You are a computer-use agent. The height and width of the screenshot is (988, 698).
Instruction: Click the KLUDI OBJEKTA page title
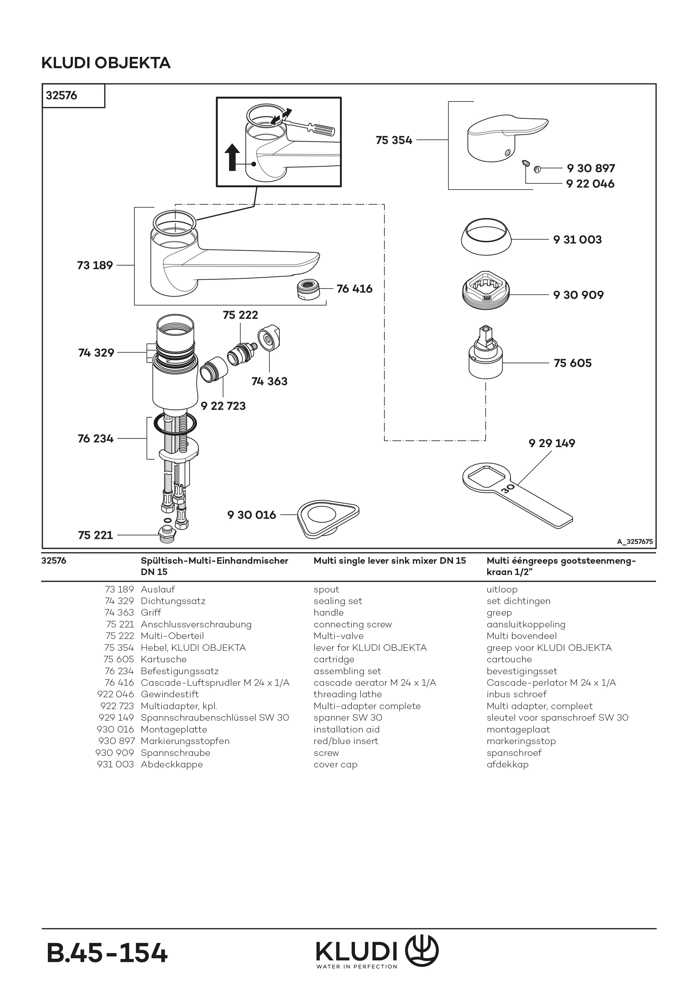click(106, 63)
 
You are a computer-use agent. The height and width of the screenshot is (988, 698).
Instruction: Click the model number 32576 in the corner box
click(62, 95)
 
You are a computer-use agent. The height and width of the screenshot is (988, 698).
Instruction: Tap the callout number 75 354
click(393, 140)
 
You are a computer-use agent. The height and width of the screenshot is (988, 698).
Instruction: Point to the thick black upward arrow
click(232, 157)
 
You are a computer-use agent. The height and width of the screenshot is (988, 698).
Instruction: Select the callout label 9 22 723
click(223, 406)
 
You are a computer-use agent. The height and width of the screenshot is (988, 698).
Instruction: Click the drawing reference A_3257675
click(634, 542)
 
